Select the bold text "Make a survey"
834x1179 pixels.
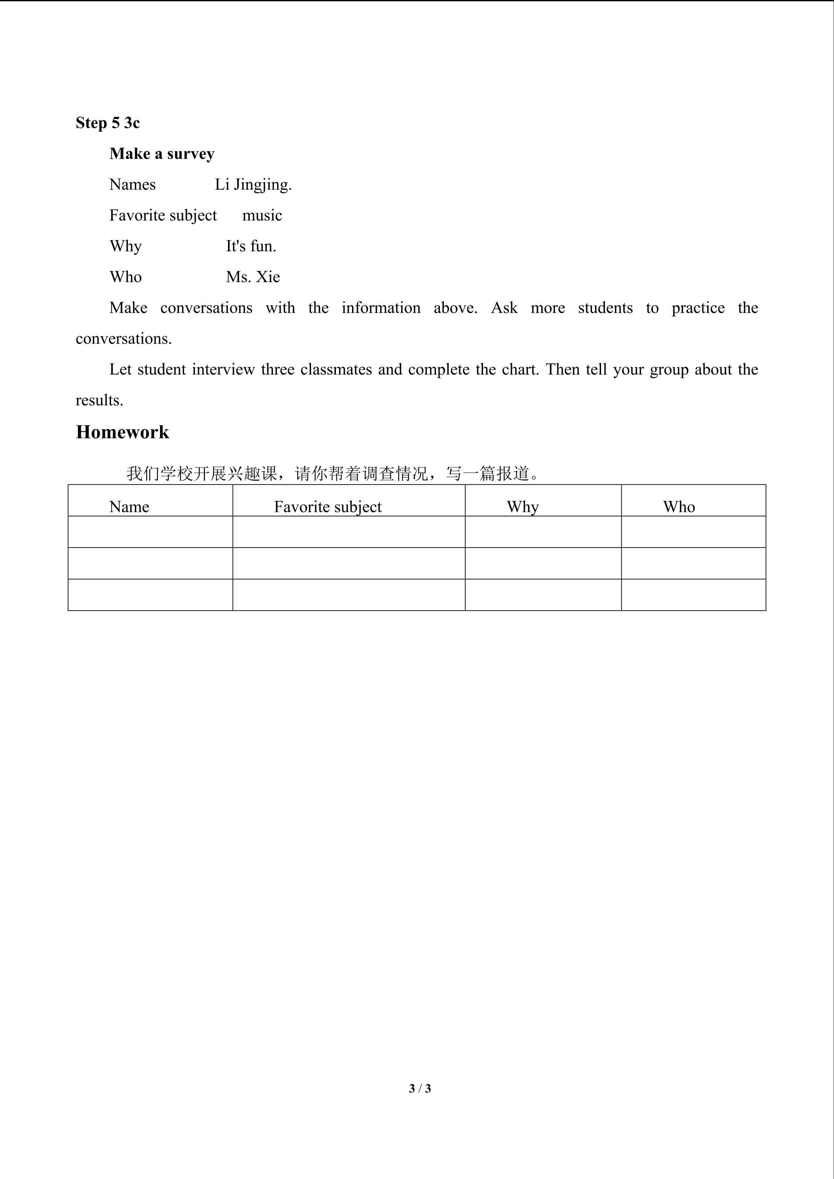pyautogui.click(x=162, y=153)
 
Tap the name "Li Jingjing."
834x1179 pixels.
pyautogui.click(x=253, y=184)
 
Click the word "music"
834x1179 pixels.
pyautogui.click(x=262, y=215)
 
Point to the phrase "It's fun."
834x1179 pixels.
pyautogui.click(x=251, y=246)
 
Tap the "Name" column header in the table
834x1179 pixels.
pyautogui.click(x=129, y=507)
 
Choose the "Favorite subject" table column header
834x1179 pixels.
pyautogui.click(x=328, y=507)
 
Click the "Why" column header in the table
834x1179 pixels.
pyautogui.click(x=523, y=507)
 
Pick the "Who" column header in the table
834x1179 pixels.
pyautogui.click(x=679, y=507)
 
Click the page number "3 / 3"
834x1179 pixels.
pyautogui.click(x=420, y=1088)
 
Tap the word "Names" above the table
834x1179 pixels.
pyautogui.click(x=132, y=184)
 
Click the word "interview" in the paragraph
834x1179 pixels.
pyautogui.click(x=223, y=369)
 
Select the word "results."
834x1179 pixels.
pyautogui.click(x=99, y=400)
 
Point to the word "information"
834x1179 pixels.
pyautogui.click(x=381, y=307)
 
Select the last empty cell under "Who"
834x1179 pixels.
pyautogui.click(x=693, y=595)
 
